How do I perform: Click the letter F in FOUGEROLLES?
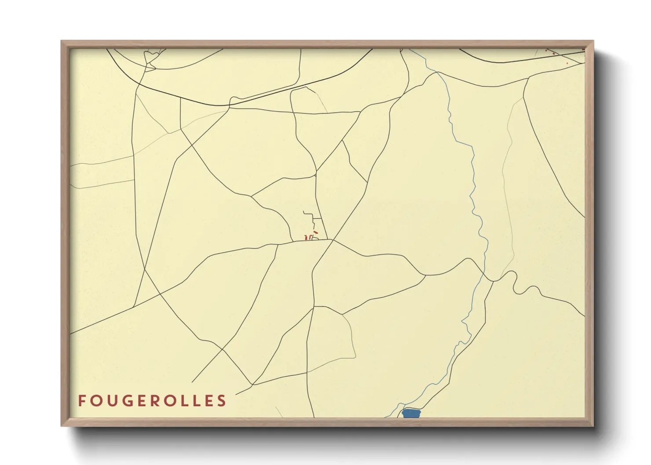pyautogui.click(x=82, y=400)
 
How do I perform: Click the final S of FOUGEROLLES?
pyautogui.click(x=222, y=400)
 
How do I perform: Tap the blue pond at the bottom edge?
pyautogui.click(x=411, y=414)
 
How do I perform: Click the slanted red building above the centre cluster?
pyautogui.click(x=315, y=232)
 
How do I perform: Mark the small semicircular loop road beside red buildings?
pyautogui.click(x=315, y=238)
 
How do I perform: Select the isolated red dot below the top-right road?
pyautogui.click(x=567, y=63)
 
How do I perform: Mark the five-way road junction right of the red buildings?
pyautogui.click(x=333, y=240)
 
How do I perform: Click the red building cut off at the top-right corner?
pyautogui.click(x=583, y=50)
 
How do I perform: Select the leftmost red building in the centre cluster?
pyautogui.click(x=305, y=238)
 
